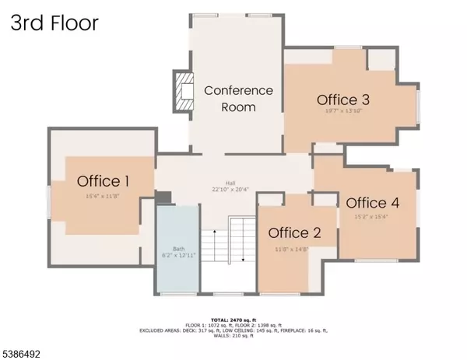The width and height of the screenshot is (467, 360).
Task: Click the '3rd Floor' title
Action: click(54, 23)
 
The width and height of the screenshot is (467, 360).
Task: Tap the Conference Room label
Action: click(238, 97)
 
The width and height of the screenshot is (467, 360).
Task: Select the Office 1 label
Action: click(103, 181)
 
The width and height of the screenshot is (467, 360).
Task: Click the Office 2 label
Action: click(295, 233)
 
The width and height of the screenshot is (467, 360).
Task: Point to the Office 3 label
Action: click(342, 100)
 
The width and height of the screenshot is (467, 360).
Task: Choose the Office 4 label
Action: click(373, 203)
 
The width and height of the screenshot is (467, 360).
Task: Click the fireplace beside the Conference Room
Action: click(182, 91)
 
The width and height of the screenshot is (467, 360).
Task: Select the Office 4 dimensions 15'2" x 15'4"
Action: click(371, 217)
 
